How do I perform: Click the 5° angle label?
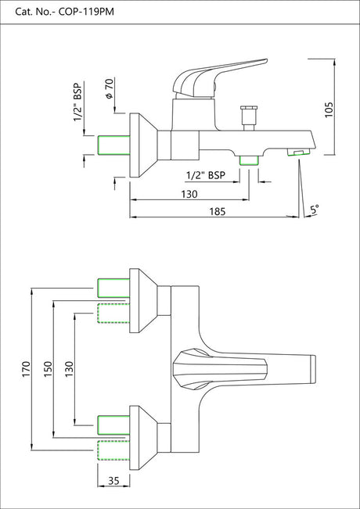[314, 209]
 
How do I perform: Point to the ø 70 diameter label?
[110, 88]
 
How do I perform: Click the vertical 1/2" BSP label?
[79, 102]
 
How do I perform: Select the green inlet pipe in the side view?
[111, 145]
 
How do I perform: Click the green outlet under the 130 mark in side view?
[250, 160]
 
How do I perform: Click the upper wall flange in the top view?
[145, 300]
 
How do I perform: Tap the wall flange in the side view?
[145, 145]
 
